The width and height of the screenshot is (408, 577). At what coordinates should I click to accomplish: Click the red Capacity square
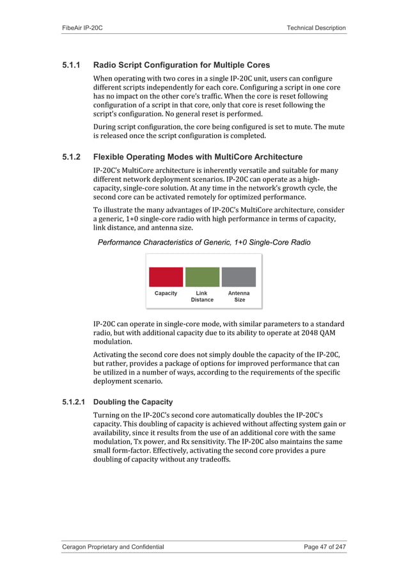[166, 277]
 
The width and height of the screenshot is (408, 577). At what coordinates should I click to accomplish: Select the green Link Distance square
[202, 277]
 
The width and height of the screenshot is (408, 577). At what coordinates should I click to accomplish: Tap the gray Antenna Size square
[239, 277]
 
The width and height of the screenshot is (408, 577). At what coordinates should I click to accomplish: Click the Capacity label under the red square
[166, 294]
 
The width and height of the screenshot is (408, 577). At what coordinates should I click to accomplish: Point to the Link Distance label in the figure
[202, 296]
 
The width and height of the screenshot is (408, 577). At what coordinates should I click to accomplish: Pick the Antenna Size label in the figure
[239, 296]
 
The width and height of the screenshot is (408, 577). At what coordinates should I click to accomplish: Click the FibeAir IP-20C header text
[82, 28]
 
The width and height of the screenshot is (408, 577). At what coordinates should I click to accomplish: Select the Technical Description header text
[317, 28]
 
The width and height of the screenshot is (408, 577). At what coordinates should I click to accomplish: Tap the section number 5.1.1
[72, 65]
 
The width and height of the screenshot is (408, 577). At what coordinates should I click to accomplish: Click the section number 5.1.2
[72, 157]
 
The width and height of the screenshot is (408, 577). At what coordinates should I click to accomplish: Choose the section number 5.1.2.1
[75, 402]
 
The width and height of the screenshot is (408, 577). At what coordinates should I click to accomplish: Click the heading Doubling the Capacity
[132, 402]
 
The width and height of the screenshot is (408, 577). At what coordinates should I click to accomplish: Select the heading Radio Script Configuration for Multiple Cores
[182, 65]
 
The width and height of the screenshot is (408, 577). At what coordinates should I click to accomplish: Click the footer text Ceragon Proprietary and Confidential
[113, 547]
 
